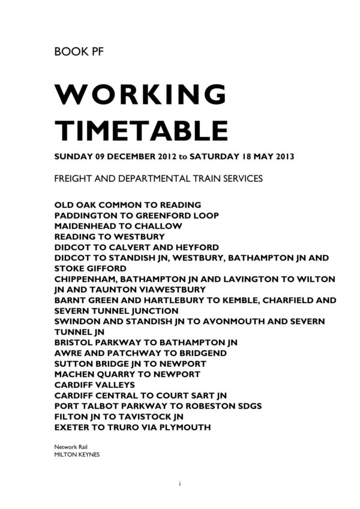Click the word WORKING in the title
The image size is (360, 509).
pos(140,95)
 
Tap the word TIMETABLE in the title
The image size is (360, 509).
pos(140,130)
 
